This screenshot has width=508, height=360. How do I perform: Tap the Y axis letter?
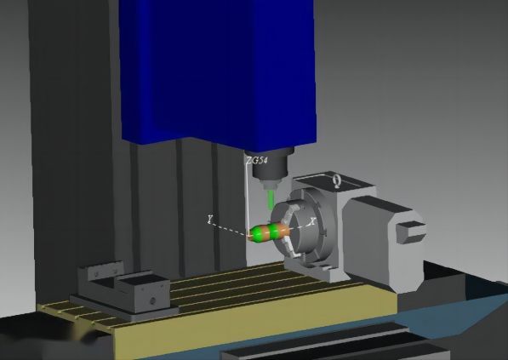pos(209,220)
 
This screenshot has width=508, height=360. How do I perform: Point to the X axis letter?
pos(312,220)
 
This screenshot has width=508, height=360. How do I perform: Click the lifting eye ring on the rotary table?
pos(336,180)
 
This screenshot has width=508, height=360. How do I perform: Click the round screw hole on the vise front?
pos(151,300)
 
